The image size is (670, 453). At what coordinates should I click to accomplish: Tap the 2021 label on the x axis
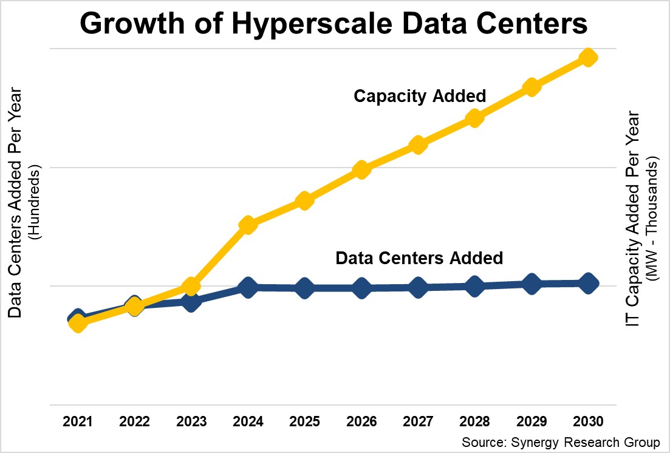pos(77,421)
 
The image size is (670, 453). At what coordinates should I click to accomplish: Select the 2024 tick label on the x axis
pos(247,421)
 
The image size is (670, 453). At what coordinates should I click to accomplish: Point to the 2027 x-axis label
pos(417,421)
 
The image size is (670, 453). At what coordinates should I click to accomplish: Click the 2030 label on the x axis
pos(587,421)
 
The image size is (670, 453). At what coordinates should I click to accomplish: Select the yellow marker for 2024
pos(247,225)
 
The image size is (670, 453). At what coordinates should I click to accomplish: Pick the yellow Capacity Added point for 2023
pos(191,286)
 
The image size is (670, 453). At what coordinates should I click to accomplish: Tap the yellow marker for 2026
pos(361,169)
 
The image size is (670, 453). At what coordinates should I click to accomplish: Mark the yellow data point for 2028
pos(474,118)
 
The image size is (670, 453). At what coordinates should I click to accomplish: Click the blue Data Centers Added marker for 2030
pos(587,283)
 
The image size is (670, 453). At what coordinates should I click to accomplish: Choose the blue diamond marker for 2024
pos(247,287)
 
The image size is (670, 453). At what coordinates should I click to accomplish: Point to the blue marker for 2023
pos(191,301)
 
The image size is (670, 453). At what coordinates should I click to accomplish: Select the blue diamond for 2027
pos(417,287)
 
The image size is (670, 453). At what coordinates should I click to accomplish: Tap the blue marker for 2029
pos(532,284)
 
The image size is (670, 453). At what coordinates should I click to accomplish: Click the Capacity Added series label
pos(420,96)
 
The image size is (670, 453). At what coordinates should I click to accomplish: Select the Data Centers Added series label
pos(419,258)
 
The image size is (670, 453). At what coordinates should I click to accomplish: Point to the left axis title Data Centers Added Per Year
pos(16,203)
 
